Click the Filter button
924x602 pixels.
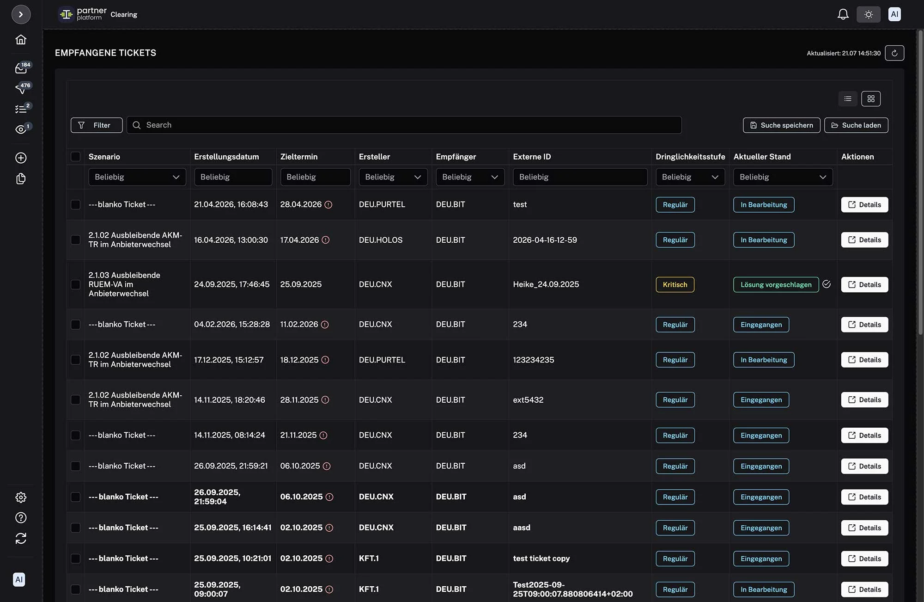[x=97, y=125]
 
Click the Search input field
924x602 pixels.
[x=404, y=125]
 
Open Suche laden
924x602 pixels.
[x=856, y=125]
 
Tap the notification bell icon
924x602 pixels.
[x=843, y=14]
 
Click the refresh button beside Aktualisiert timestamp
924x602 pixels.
[x=894, y=53]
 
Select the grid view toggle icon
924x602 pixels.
[x=871, y=99]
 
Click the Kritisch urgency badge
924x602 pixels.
[x=675, y=285]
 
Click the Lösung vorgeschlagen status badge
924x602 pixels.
[x=776, y=285]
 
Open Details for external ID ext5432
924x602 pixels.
[x=864, y=400]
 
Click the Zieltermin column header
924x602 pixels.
[x=299, y=157]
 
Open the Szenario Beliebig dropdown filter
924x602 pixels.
[x=137, y=177]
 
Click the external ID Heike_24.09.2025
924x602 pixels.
[x=546, y=284]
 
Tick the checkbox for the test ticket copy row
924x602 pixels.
[x=75, y=559]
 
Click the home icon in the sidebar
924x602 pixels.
[x=21, y=40]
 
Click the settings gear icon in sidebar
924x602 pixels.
[x=21, y=498]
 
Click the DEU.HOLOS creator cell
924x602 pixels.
[x=381, y=240]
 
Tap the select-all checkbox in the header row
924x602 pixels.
[x=75, y=157]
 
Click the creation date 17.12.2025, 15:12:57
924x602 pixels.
[x=229, y=360]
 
